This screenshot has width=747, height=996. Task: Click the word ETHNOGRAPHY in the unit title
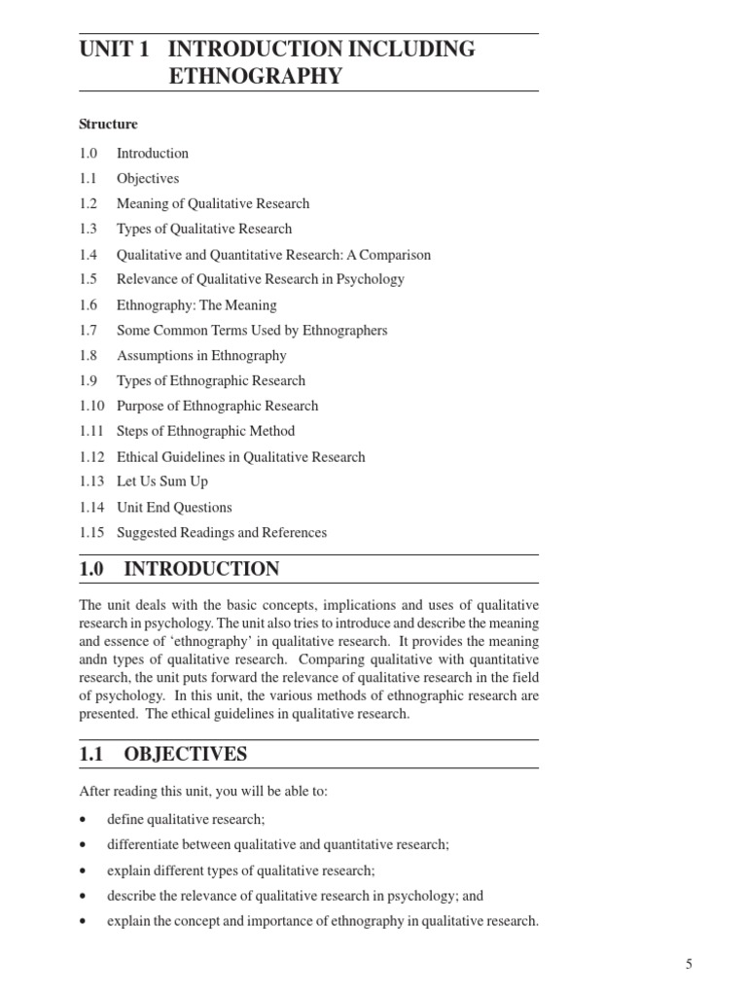pyautogui.click(x=256, y=76)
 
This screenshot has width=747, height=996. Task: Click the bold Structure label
pyautogui.click(x=108, y=124)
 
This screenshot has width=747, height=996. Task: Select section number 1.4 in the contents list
pyautogui.click(x=89, y=255)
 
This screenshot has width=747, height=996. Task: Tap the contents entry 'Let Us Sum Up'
pyautogui.click(x=161, y=481)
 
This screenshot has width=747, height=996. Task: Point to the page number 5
pyautogui.click(x=689, y=964)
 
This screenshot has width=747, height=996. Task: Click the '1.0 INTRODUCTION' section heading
pyautogui.click(x=179, y=569)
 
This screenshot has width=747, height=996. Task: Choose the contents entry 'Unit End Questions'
pyautogui.click(x=174, y=507)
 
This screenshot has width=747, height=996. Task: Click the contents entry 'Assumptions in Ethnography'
pyautogui.click(x=201, y=355)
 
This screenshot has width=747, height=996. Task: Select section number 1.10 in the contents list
pyautogui.click(x=91, y=406)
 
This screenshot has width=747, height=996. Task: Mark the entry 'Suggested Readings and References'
pyautogui.click(x=221, y=532)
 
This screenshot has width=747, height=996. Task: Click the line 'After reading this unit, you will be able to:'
pyautogui.click(x=203, y=792)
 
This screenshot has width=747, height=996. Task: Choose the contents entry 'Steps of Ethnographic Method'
pyautogui.click(x=205, y=431)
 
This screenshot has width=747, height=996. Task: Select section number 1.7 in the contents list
pyautogui.click(x=89, y=330)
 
